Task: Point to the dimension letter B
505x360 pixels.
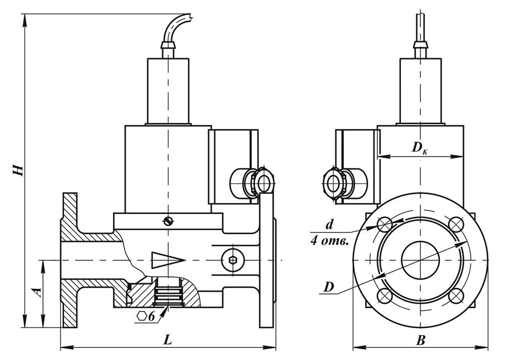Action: (x=421, y=341)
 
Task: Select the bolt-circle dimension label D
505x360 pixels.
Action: (x=329, y=287)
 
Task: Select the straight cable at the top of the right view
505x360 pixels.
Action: (x=420, y=25)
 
